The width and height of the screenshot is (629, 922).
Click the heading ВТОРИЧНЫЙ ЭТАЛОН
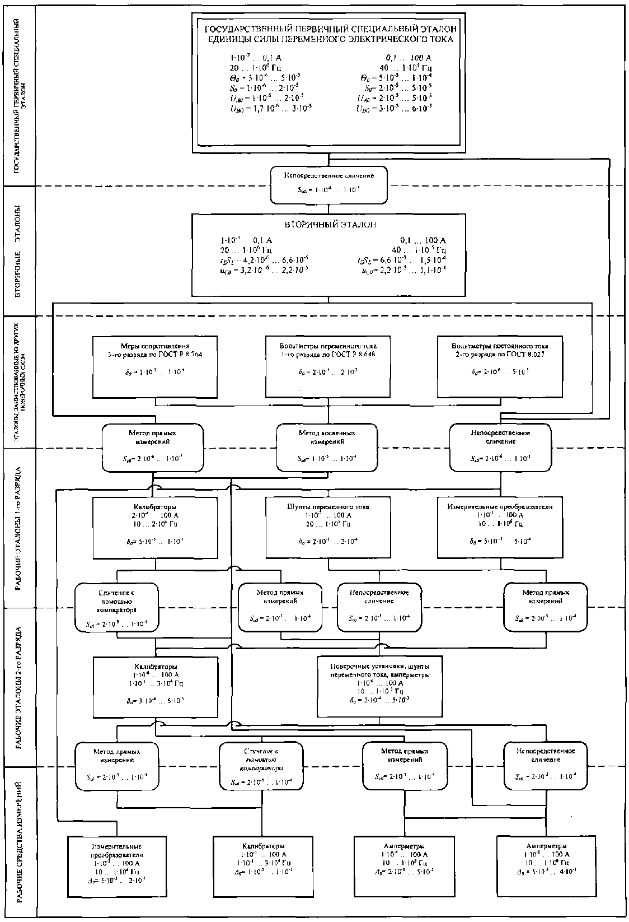[328, 225]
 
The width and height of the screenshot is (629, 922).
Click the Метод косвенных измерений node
[327, 446]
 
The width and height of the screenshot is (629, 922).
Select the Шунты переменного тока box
[327, 527]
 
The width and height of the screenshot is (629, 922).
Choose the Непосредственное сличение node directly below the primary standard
[328, 183]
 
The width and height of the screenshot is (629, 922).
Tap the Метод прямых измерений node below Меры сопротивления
[153, 446]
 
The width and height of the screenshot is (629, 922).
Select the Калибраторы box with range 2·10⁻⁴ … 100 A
[155, 527]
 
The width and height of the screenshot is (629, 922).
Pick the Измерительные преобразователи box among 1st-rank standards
[500, 527]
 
